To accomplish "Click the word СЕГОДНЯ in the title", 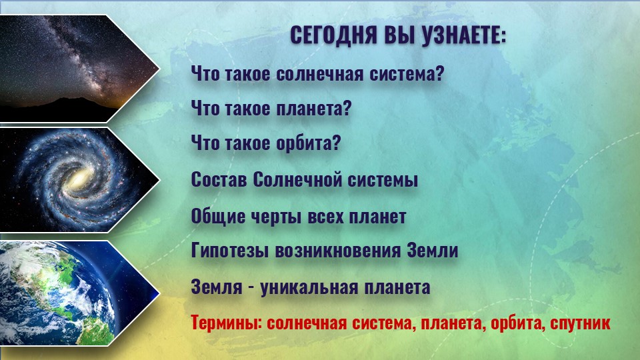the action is (x=333, y=35).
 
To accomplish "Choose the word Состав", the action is (x=219, y=179).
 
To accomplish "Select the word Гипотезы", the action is (x=230, y=250).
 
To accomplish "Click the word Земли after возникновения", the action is (x=433, y=250).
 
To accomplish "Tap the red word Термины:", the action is (x=227, y=323).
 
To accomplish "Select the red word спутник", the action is (x=580, y=323).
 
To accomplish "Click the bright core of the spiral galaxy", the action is (x=79, y=179).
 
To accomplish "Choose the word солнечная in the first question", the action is (x=319, y=74).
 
